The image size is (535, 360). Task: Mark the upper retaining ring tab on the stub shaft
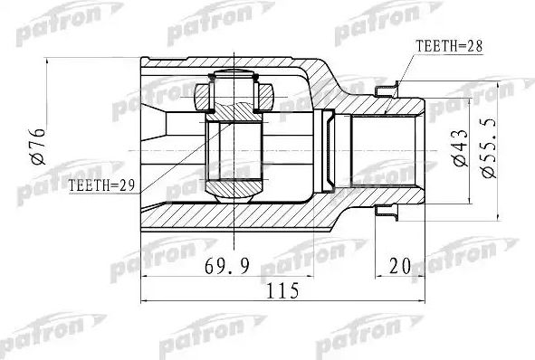387,88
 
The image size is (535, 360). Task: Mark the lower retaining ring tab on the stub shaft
387,212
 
